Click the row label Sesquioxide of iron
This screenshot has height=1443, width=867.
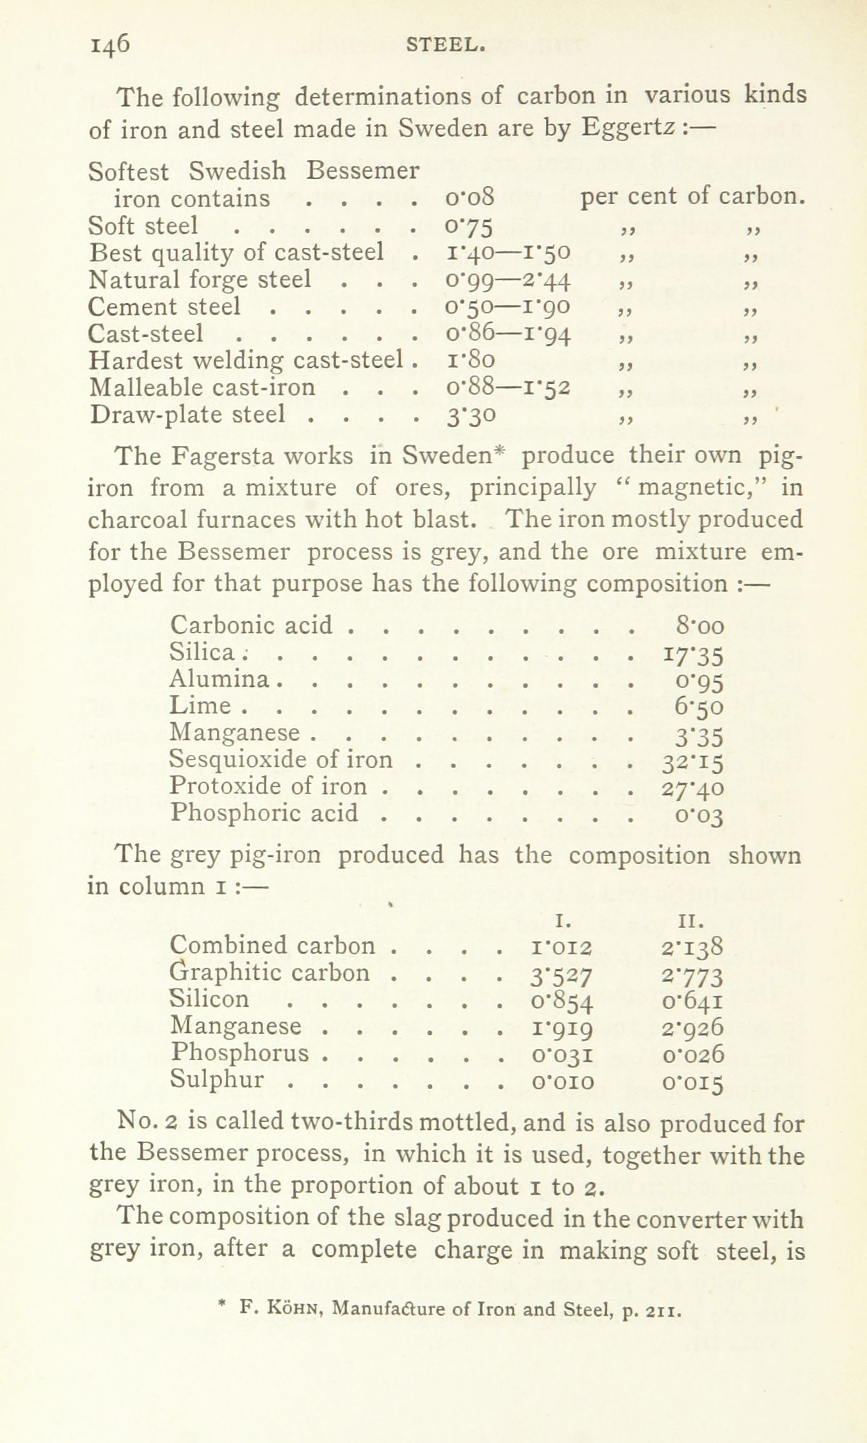pos(282,759)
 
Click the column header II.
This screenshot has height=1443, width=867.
pos(691,920)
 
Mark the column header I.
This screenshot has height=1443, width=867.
pos(560,920)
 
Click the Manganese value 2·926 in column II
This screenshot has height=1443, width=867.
pos(693,1027)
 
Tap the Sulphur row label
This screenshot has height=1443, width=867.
pos(217,1079)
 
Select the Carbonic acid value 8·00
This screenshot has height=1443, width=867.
pos(700,625)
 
